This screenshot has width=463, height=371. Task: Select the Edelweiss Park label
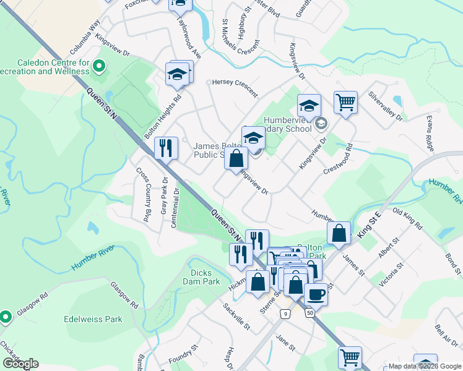coord(93,320)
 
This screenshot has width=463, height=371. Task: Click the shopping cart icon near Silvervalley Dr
coord(345,102)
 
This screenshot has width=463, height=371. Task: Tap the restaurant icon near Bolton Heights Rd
coord(166,148)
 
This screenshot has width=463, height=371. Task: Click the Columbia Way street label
coord(85,36)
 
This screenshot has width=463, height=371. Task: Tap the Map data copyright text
coord(424,366)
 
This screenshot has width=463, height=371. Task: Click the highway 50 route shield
coord(309,314)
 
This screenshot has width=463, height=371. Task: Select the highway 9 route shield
coord(284,314)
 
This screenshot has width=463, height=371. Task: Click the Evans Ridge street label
coord(431,135)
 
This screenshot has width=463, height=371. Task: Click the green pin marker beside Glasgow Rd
coord(6,317)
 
